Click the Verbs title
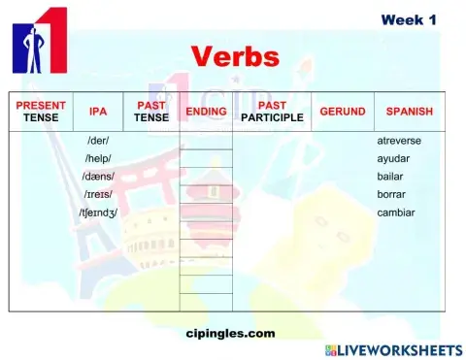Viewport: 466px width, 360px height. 235,55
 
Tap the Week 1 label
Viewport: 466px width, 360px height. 415,19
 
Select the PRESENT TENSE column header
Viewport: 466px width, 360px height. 42,112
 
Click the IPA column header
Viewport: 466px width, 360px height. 98,112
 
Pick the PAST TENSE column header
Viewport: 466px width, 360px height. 150,112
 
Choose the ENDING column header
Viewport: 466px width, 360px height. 206,112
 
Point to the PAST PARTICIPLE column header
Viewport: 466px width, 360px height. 272,112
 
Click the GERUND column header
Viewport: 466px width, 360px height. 343,112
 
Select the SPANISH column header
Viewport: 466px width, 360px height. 409,112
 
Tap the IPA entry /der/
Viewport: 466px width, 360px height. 98,141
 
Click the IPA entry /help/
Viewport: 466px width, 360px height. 98,158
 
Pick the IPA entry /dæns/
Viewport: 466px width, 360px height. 98,176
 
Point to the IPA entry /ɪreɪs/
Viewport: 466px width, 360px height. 98,194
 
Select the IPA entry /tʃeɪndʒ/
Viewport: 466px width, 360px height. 98,212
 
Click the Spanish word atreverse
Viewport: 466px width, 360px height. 399,141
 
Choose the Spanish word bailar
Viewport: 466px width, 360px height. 390,176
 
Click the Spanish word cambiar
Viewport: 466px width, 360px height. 395,212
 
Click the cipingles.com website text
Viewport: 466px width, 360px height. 230,333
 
